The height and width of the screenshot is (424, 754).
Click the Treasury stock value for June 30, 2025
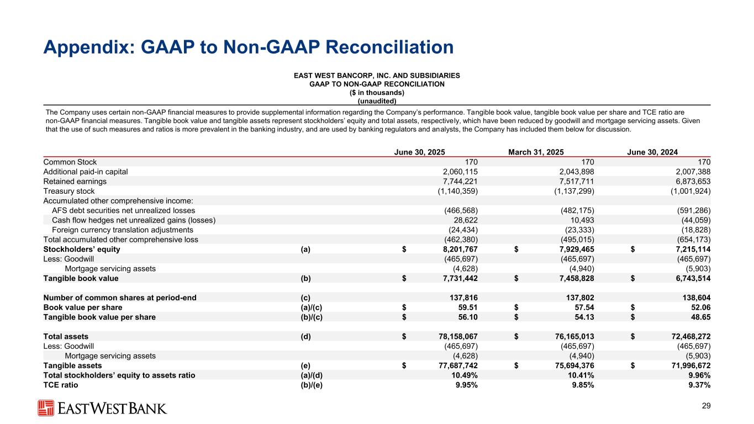pos(454,191)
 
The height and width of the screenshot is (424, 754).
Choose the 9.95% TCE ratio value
pos(465,385)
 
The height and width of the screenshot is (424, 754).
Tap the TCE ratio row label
pos(61,385)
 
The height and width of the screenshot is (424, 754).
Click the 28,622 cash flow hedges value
pos(466,220)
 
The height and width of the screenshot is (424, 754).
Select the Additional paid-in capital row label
pos(86,172)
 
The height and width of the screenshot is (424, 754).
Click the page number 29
pos(705,407)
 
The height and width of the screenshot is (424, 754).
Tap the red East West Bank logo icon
pos(45,408)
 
